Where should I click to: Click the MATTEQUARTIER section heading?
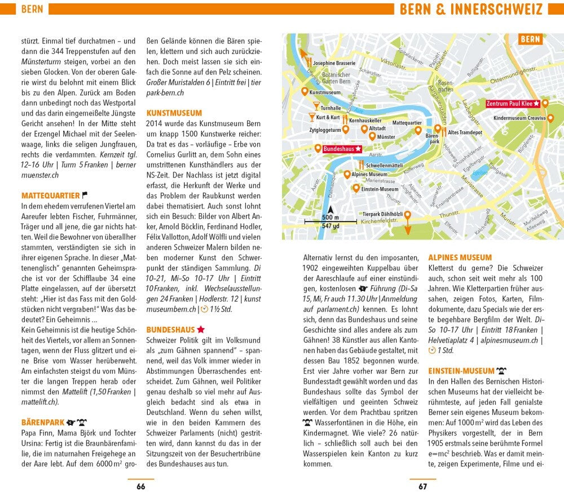point(50,196)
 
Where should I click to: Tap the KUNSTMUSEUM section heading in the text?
point(174,113)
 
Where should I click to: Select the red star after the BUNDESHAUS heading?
point(200,329)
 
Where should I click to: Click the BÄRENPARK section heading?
point(43,422)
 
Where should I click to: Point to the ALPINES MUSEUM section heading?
point(460,258)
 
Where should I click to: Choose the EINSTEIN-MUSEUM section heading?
point(461,371)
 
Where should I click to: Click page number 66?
point(140,487)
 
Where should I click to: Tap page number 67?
point(422,487)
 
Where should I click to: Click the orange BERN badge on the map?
point(530,39)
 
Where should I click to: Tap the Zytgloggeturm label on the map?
point(325,129)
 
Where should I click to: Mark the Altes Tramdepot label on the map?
point(465,132)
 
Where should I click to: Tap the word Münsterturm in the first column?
point(41,72)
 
